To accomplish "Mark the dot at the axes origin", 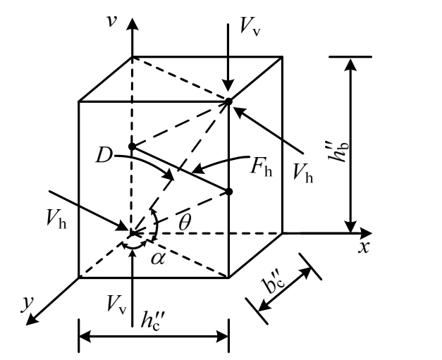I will (132, 233).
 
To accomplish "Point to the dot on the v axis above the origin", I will (132, 147).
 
